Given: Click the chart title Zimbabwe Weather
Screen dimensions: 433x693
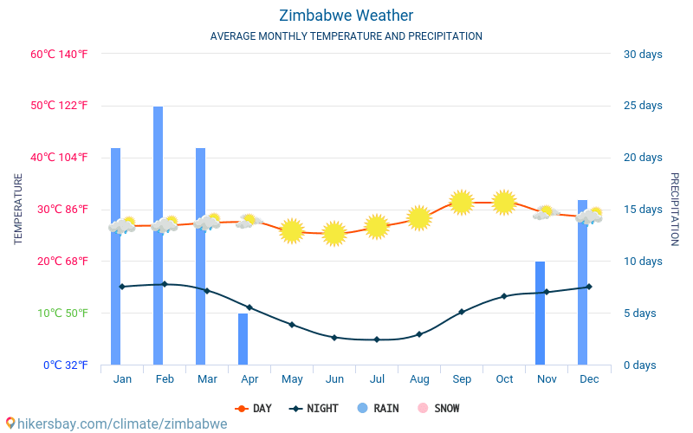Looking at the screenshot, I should [x=346, y=16].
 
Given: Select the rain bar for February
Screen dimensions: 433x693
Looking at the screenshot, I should [x=159, y=236].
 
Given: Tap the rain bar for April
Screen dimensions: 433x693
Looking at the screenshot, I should [x=243, y=339].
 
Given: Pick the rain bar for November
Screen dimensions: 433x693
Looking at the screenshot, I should [x=540, y=313].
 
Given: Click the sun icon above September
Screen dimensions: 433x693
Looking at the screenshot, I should [x=461, y=203].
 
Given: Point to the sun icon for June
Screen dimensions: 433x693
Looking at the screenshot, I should [x=334, y=233].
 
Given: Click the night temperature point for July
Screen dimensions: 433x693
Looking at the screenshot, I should [x=377, y=339].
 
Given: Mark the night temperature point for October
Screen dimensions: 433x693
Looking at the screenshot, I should [x=504, y=296].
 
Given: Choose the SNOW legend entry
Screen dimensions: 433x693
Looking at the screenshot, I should [x=438, y=408].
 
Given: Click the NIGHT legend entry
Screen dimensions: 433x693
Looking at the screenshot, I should [x=315, y=408].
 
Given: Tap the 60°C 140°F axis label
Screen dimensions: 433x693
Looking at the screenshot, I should [x=59, y=55].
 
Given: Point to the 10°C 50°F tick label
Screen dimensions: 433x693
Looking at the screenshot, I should [x=59, y=313].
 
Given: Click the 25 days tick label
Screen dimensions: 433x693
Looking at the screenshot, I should [x=642, y=106].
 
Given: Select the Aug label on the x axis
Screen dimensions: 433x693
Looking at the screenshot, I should [x=419, y=379].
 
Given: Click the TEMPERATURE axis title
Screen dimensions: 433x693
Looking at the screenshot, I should [x=18, y=209].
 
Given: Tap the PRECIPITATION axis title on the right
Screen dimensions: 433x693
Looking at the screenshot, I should [x=674, y=209].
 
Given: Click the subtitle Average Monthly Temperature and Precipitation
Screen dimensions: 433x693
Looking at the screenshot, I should [x=346, y=36].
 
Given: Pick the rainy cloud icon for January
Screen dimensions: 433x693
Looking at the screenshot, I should [x=122, y=225].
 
